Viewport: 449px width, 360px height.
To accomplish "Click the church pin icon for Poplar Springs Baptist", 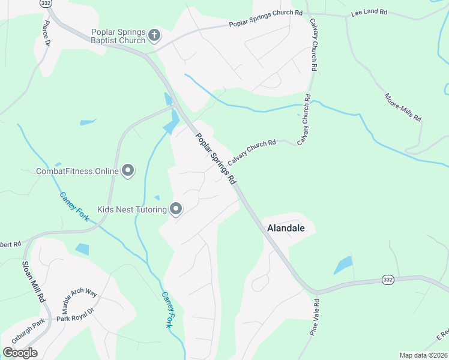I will (154, 35).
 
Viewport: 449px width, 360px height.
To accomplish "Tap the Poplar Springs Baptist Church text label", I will (118, 36).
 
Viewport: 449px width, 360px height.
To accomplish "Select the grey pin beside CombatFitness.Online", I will (128, 171).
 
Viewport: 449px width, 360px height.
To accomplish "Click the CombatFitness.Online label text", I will (77, 172).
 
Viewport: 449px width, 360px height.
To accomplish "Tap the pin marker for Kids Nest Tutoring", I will (176, 209).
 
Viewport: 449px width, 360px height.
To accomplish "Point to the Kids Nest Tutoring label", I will (131, 209).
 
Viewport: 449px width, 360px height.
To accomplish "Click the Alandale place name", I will (286, 228).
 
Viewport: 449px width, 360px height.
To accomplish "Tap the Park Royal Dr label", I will (76, 316).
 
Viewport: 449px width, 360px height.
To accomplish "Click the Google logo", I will (20, 353).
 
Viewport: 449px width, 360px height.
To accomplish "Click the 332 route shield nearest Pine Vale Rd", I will (388, 280).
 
